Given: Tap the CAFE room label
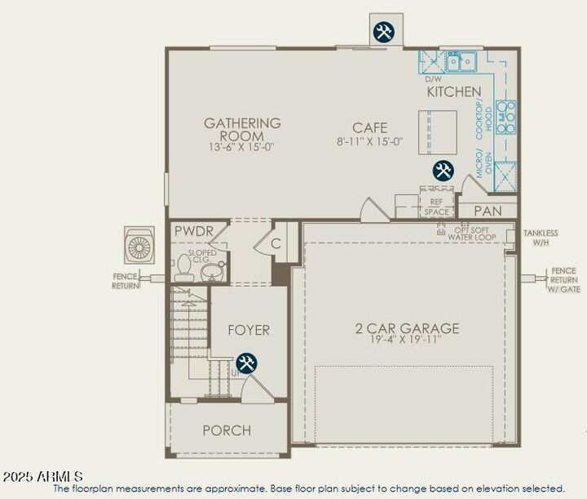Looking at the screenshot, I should click(x=369, y=127).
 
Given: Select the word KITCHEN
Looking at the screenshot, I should click(x=454, y=92).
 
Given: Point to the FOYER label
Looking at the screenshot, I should click(x=248, y=330).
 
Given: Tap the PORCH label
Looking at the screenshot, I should click(x=227, y=430).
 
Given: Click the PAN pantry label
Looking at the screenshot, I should click(x=488, y=211).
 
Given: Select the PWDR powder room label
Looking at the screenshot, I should click(x=193, y=232).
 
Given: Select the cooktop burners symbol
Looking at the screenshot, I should click(x=507, y=116).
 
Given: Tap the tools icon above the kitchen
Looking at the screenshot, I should click(x=383, y=32).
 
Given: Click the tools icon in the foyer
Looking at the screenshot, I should click(x=246, y=363).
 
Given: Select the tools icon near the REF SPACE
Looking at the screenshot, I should click(x=443, y=171).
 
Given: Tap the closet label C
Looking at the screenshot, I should click(x=276, y=243).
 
